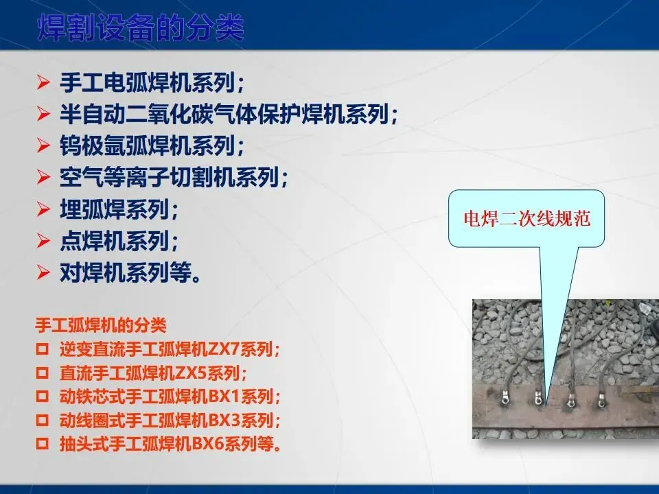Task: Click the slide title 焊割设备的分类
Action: pos(141,28)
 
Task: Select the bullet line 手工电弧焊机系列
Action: pos(152,82)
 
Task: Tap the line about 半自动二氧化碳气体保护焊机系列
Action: pos(229,114)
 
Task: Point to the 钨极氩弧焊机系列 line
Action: pos(152,145)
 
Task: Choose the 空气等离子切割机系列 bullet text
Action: pos(174,177)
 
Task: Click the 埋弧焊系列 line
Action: pos(119,209)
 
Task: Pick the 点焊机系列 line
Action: pos(119,241)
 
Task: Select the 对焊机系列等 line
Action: pos(130,272)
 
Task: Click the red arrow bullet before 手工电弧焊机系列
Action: pos(43,82)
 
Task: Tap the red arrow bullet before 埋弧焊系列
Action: pos(43,209)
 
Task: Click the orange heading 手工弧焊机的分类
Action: pos(101,325)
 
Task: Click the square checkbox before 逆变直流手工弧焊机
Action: pos(43,349)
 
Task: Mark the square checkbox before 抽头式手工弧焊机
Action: pos(43,444)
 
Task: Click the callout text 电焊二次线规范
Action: pos(527,218)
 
